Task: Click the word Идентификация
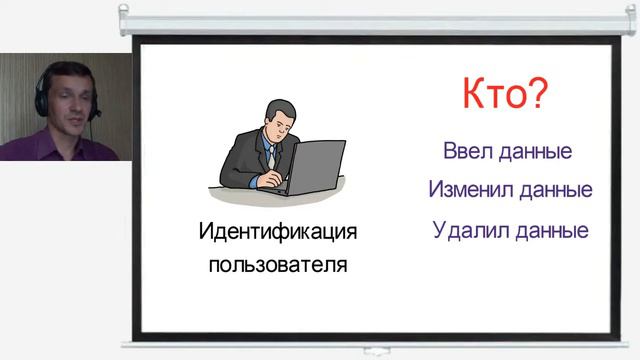pyautogui.click(x=277, y=233)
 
